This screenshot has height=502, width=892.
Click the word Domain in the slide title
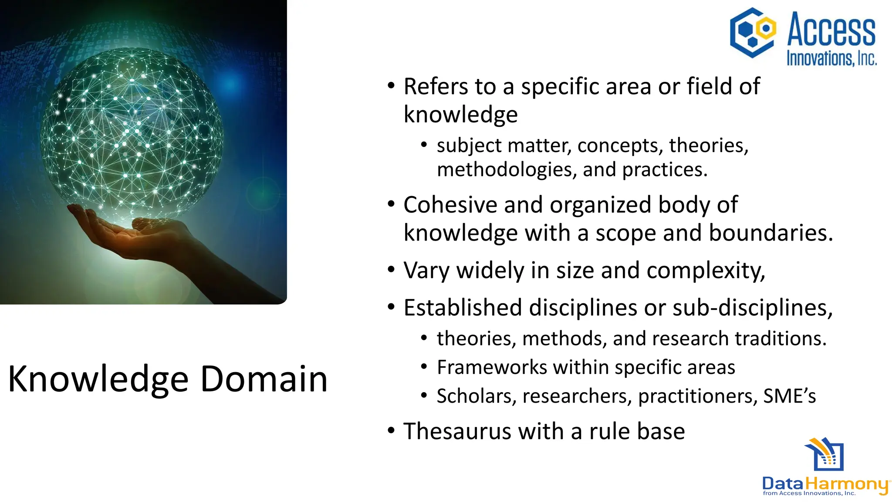pos(264,379)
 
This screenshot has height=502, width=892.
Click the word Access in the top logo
pos(831,30)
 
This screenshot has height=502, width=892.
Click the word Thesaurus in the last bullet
pos(457,431)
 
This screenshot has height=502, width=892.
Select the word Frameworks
pos(492,367)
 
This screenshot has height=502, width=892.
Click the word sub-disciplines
pos(752,308)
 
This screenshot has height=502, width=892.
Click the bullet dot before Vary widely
pos(391,270)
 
